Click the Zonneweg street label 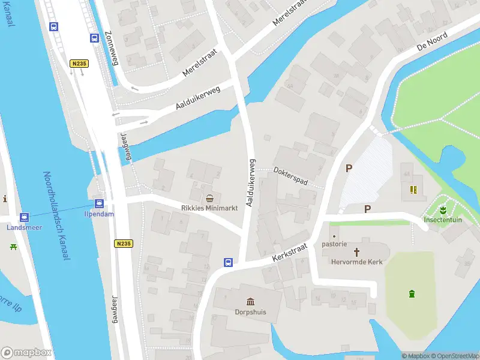coord(112,49)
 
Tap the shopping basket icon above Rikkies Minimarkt coord(209,198)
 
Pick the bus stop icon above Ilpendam coord(98,203)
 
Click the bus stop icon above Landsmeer coord(25,217)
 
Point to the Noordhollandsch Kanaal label coord(56,215)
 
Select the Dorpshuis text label coord(250,312)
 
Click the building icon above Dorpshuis coord(250,301)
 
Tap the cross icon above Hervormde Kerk coord(357,252)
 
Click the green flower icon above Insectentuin coord(442,210)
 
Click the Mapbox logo coord(26,353)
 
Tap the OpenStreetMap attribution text coord(454,356)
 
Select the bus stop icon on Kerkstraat coord(229,262)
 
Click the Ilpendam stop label coord(98,214)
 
